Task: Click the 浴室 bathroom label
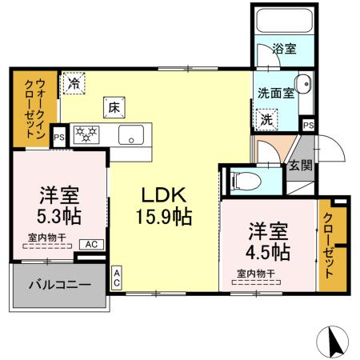tap(284, 49)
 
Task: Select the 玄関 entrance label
tap(301, 166)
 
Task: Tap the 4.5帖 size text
tap(268, 251)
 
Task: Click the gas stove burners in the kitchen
tap(86, 134)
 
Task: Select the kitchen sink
tap(129, 134)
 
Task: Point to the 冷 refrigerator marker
tap(74, 82)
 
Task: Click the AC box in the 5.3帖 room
tap(90, 244)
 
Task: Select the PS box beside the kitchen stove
tap(58, 136)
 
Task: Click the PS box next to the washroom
tap(308, 126)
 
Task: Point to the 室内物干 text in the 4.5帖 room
tap(256, 274)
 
